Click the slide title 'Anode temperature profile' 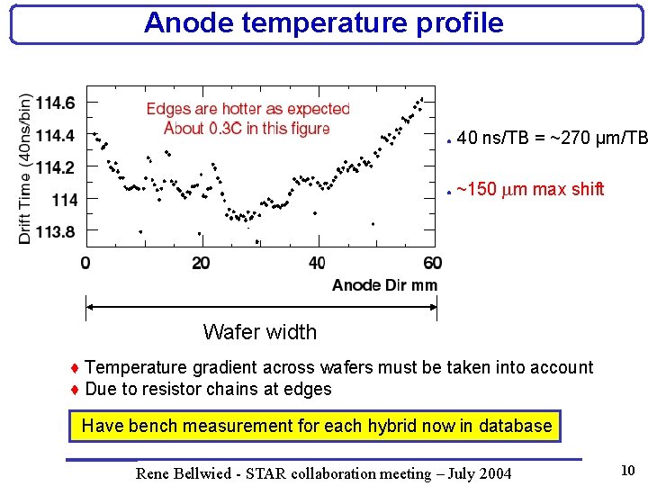tap(323, 22)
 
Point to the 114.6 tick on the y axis tap(56, 103)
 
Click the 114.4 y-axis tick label tap(56, 135)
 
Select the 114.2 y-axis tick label tap(56, 166)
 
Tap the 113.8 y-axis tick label tap(56, 231)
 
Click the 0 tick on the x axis tap(85, 263)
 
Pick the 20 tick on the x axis tap(201, 263)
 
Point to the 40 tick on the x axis tap(317, 263)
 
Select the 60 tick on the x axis tap(432, 263)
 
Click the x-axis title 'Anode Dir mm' tap(384, 285)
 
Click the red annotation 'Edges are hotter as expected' tap(247, 109)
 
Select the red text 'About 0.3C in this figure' tap(247, 128)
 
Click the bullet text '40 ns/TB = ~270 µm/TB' tap(552, 139)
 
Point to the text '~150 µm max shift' tap(530, 190)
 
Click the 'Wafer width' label tap(260, 332)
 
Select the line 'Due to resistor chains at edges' tap(208, 389)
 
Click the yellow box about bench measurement tap(316, 426)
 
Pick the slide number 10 tap(627, 469)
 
